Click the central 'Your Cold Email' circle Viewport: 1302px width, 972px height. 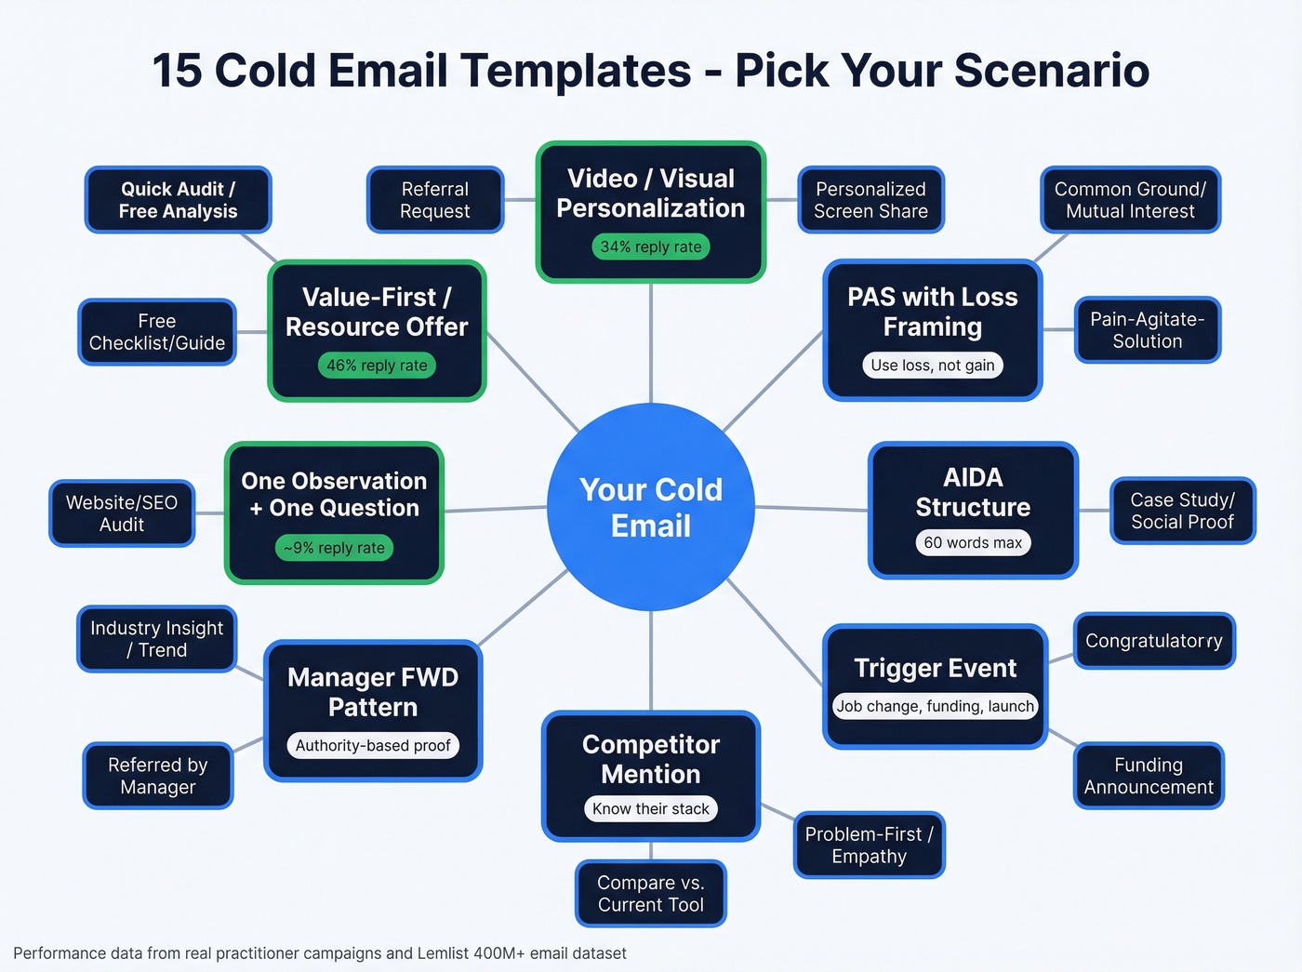651,508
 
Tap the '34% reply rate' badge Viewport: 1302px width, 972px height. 651,246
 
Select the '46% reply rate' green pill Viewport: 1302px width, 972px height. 377,366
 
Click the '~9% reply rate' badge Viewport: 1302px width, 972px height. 334,548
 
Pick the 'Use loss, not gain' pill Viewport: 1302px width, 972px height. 933,366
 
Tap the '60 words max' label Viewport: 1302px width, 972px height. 973,542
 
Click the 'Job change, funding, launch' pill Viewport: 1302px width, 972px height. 935,706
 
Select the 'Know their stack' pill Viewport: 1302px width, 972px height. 651,808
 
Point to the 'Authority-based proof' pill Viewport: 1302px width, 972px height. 373,745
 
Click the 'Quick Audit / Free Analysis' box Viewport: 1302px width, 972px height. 178,200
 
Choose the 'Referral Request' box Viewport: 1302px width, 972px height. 434,200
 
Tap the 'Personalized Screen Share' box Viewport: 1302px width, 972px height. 870,200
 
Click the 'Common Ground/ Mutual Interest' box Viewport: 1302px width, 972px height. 1130,200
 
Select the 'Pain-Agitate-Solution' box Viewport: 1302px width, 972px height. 1147,330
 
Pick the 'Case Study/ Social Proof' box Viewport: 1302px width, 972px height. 1182,511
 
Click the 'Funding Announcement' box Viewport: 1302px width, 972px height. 1149,776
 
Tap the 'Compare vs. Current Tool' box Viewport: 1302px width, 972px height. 651,893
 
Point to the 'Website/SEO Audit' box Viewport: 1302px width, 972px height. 122,513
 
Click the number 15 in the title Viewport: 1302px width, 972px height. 176,71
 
